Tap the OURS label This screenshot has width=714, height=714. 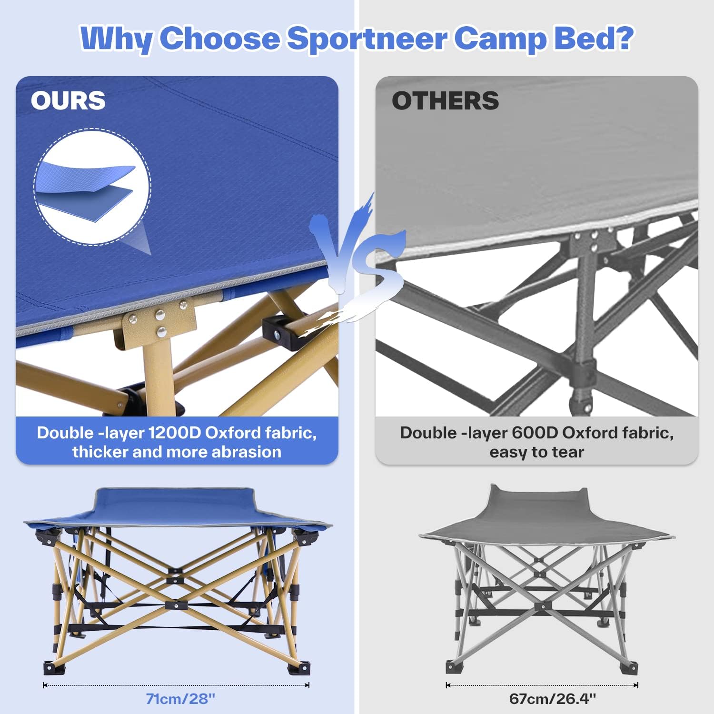tap(68, 100)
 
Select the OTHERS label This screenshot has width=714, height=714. tap(445, 101)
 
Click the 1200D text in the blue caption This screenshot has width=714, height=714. tap(174, 433)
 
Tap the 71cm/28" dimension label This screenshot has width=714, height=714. tap(180, 699)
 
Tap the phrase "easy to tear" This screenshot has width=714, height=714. tap(536, 452)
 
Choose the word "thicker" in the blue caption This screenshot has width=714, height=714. tap(100, 452)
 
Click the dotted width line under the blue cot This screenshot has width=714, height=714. tap(176, 685)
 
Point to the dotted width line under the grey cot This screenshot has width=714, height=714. tap(542, 685)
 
